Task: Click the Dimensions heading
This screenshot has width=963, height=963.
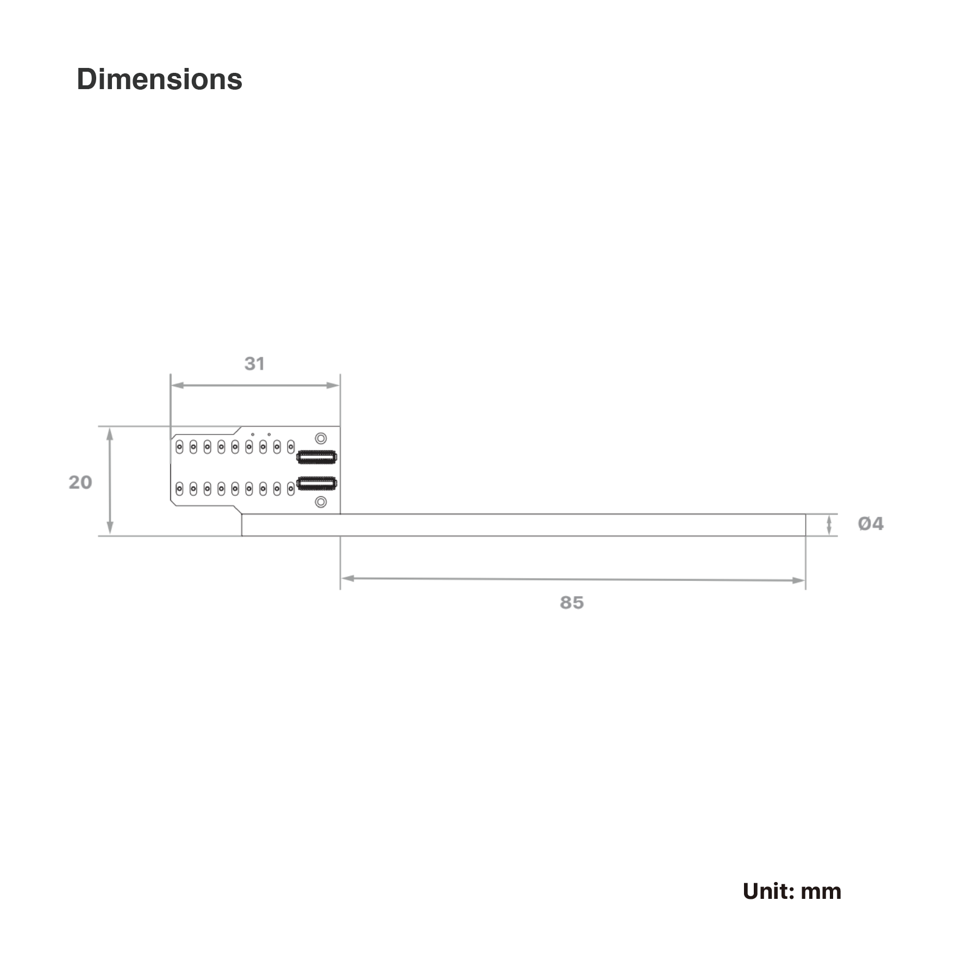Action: tap(159, 79)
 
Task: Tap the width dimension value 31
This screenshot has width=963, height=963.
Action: tap(254, 364)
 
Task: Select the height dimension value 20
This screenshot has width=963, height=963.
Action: tap(80, 482)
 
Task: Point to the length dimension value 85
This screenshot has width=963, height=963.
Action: tap(572, 603)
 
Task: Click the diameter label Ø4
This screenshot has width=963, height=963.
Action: tap(871, 523)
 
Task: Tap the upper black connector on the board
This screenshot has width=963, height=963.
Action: tap(317, 457)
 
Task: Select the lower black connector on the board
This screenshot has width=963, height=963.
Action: tap(317, 483)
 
